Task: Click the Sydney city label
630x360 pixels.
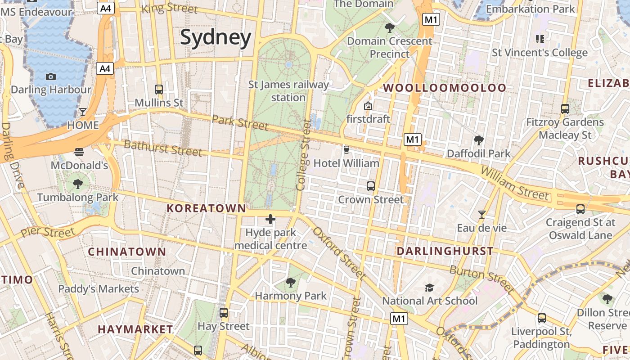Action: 216,38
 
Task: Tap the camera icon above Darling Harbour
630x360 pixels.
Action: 51,76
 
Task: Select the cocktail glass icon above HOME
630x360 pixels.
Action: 83,112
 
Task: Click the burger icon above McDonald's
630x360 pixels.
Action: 79,152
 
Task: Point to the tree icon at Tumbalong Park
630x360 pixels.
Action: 78,184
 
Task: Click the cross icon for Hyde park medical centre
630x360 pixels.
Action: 270,219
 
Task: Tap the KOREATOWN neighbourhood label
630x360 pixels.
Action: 207,208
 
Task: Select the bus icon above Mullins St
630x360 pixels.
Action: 158,89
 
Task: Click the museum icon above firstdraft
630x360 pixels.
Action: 368,106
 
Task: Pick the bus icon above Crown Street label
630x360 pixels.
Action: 371,186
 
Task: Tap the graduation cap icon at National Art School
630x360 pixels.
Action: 430,287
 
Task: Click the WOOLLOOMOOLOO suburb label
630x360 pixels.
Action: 445,88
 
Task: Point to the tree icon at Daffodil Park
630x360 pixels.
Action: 479,140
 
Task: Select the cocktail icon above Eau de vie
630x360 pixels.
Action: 482,214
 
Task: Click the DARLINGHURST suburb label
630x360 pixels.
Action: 445,251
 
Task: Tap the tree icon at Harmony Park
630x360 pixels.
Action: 291,283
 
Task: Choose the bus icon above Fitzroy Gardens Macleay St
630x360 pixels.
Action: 565,108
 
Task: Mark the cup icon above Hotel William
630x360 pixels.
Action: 346,149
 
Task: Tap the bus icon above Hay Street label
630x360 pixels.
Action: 224,312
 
